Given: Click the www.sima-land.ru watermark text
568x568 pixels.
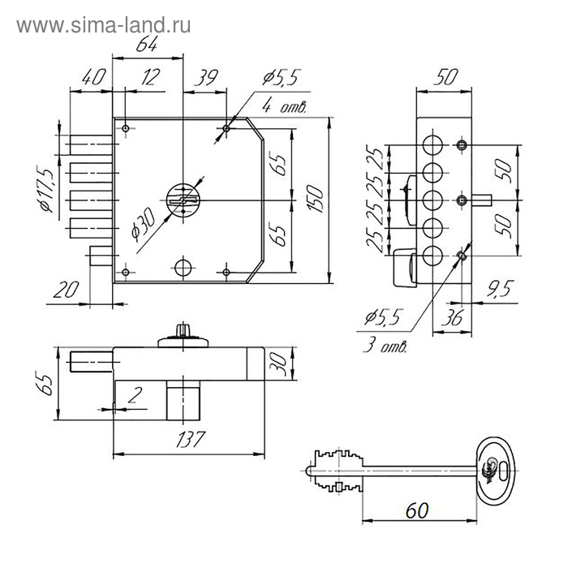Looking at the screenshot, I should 104,26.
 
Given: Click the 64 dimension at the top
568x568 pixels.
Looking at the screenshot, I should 146,46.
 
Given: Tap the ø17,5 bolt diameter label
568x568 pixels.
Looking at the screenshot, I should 46,191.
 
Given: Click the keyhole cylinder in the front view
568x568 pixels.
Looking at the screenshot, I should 183,200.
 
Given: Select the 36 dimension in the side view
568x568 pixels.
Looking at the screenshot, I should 453,318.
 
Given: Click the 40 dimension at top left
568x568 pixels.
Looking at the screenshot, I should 93,79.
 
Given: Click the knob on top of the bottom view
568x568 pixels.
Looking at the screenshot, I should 179,331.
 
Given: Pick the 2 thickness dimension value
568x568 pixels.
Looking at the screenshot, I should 133,396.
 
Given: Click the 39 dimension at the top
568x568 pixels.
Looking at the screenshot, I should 208,79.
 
